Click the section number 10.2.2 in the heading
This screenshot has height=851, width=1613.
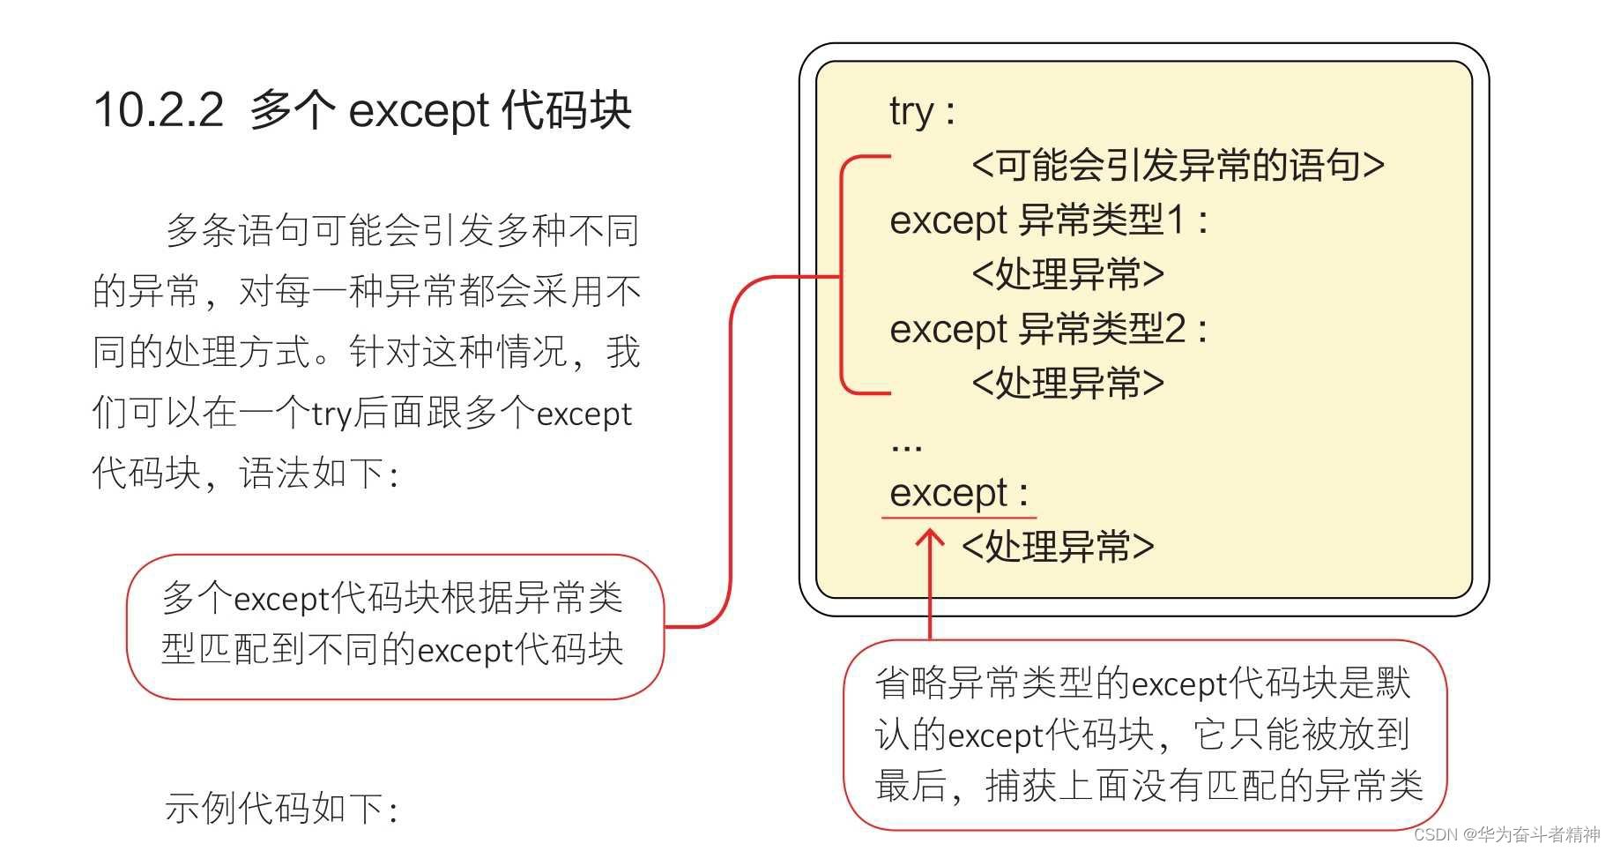[x=159, y=111]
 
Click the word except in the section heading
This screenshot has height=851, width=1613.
[x=419, y=112]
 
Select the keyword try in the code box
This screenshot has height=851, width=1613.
[x=911, y=112]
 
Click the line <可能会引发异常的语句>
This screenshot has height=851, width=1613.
[x=1178, y=165]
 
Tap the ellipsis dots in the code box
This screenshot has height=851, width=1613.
[x=906, y=447]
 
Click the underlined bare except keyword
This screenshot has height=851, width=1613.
[x=948, y=492]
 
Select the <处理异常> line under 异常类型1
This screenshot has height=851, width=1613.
[x=1067, y=274]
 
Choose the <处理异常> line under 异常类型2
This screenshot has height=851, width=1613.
[x=1067, y=384]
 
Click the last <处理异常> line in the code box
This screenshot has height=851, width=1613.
[x=1057, y=547]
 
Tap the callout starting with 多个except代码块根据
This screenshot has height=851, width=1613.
[x=393, y=625]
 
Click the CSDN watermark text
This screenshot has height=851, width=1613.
[x=1506, y=834]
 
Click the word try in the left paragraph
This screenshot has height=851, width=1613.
[x=331, y=413]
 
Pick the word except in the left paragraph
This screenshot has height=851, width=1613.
[x=584, y=413]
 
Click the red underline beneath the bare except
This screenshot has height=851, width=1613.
[x=959, y=517]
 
